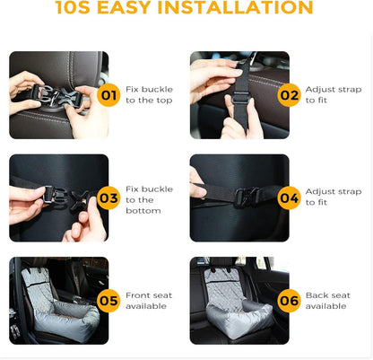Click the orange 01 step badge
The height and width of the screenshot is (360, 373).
pos(108,95)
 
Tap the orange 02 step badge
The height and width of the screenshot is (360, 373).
pos(289,95)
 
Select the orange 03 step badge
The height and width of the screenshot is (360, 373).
pos(108,198)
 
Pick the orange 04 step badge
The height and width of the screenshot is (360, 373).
pos(289,198)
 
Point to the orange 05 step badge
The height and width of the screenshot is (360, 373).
pos(108,301)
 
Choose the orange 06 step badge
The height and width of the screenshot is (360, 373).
pos(289,301)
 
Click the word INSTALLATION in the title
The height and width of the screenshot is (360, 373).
pos(235,7)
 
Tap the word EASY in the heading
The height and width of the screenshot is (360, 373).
pos(124,7)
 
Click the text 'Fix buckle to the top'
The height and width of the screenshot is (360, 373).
pos(149,94)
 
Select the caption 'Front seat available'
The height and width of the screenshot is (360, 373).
pos(149,301)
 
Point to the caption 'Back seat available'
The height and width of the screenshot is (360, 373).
pos(327,301)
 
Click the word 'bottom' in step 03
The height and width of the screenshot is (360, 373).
pos(143,211)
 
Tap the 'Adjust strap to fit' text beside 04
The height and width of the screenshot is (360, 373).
pos(334,197)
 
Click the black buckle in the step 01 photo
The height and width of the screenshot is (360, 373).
pos(56,95)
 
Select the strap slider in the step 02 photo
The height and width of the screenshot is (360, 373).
pos(240,97)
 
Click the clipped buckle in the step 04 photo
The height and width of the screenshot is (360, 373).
pos(247,196)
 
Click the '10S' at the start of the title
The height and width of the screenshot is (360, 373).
pos(73,7)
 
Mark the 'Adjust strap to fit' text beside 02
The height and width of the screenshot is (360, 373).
pos(334,94)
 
